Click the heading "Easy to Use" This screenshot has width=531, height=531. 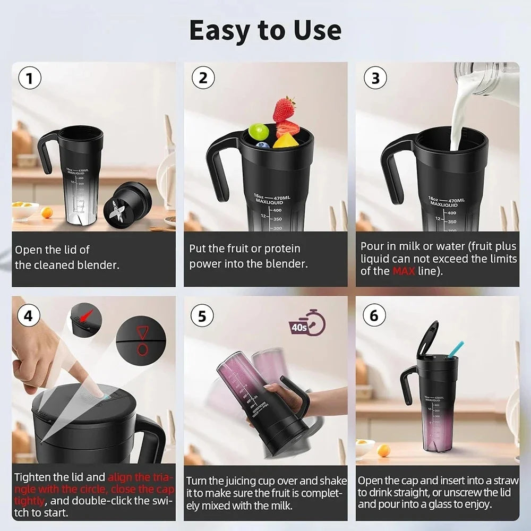(265, 30)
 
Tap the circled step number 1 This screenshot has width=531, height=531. (30, 79)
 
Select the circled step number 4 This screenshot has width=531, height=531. (30, 315)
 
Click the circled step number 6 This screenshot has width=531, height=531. (374, 315)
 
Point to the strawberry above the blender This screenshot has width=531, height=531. (284, 109)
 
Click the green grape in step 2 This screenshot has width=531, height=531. (259, 131)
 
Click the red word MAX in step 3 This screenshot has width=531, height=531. (404, 271)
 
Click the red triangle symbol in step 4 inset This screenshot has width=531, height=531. (142, 332)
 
